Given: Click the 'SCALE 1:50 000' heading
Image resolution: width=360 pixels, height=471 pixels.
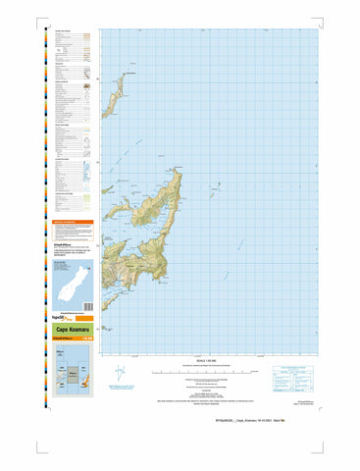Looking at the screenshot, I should [x=211, y=354].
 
